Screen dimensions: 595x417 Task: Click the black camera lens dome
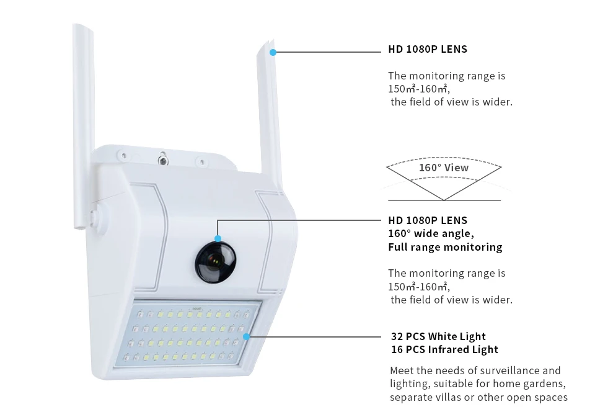point(216,261)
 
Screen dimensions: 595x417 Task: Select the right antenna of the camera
point(267,112)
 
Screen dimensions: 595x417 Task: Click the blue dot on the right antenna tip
point(273,53)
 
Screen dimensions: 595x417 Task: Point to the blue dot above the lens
point(218,238)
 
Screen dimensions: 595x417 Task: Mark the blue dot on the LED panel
point(246,336)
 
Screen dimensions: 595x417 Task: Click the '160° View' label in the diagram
point(444,168)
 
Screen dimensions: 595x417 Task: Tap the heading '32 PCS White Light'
point(438,336)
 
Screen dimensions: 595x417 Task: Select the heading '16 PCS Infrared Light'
point(444,349)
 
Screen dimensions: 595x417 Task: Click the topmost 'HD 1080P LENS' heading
point(428,49)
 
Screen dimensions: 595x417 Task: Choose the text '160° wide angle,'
point(431,233)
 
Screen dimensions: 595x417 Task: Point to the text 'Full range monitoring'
point(445,247)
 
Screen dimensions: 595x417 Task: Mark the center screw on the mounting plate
point(163,161)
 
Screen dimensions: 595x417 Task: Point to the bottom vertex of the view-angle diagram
point(444,200)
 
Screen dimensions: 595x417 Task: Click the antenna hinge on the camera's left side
point(95,217)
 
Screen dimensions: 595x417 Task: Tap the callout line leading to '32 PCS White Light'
point(316,336)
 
